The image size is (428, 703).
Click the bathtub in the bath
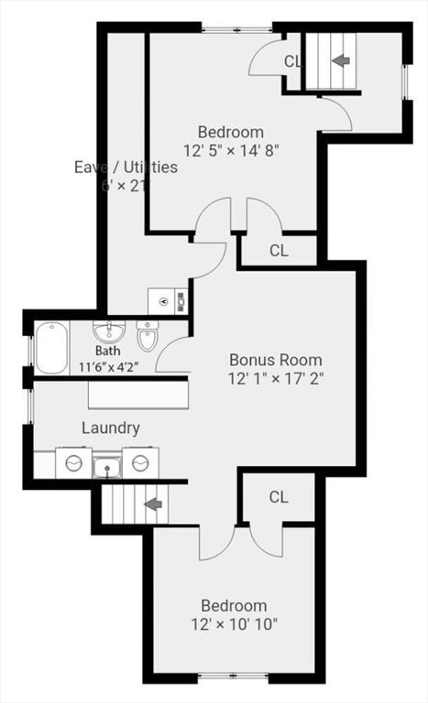tap(51, 348)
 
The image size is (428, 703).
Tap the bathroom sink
tap(108, 330)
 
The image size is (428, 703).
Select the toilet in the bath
tap(147, 338)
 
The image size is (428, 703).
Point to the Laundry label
tap(111, 427)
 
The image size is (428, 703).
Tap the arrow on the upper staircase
tap(340, 60)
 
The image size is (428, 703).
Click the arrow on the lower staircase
tap(153, 503)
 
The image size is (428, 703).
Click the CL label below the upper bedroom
tap(280, 249)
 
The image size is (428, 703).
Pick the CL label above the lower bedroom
tap(279, 497)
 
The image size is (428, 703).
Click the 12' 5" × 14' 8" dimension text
tap(231, 148)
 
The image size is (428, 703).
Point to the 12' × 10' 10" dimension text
tap(235, 624)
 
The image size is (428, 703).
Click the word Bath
tap(107, 351)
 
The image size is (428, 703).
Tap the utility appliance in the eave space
tap(168, 300)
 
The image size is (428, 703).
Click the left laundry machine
tap(71, 463)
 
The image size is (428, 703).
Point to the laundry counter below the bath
tap(137, 395)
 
